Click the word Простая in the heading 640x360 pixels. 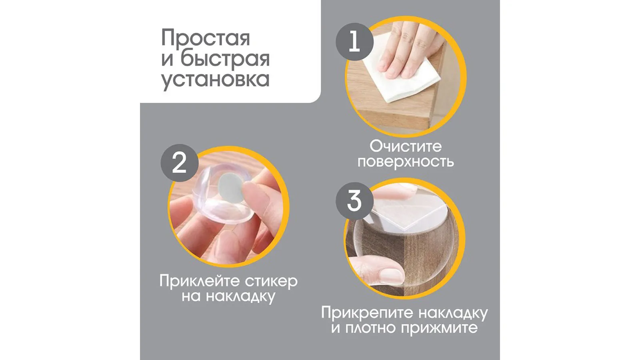click(x=206, y=38)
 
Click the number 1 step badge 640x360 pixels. click(x=354, y=42)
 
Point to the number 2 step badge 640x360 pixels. click(x=180, y=163)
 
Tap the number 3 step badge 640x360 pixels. click(x=354, y=201)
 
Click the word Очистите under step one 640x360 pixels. click(x=406, y=146)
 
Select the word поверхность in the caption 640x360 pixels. click(x=406, y=162)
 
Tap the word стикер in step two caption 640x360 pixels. click(x=272, y=282)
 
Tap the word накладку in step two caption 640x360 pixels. click(x=240, y=296)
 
